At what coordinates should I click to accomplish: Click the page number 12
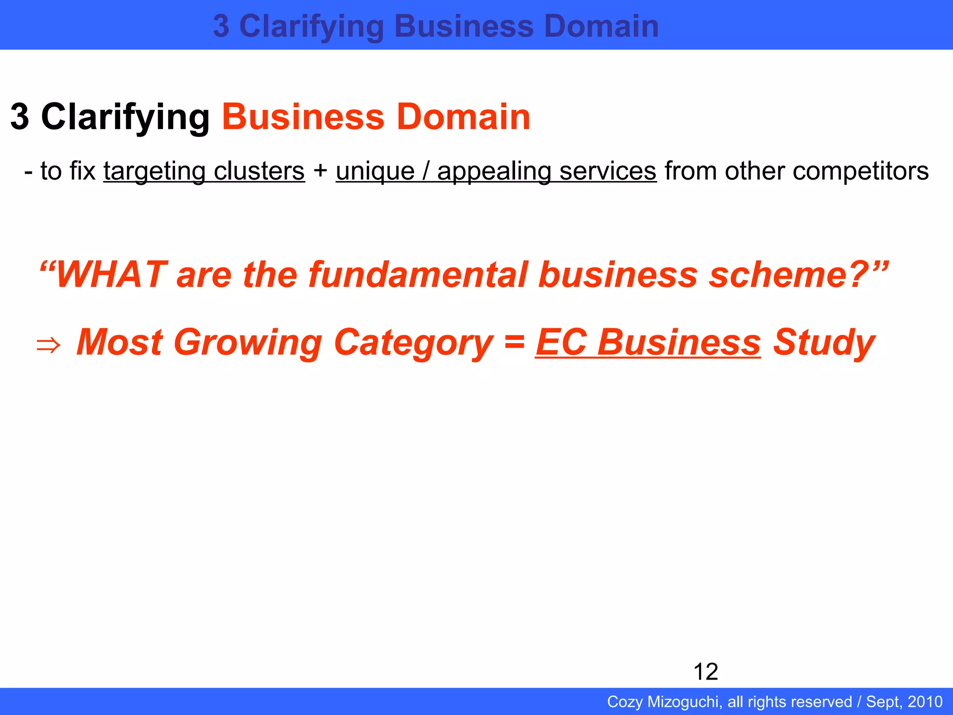pyautogui.click(x=705, y=672)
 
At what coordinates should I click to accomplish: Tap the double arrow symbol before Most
pyautogui.click(x=48, y=345)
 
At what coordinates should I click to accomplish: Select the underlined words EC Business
pyautogui.click(x=648, y=342)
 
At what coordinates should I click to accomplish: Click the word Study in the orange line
pyautogui.click(x=824, y=342)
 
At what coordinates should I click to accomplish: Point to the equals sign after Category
pyautogui.click(x=514, y=341)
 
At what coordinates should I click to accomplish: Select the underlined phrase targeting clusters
pyautogui.click(x=204, y=171)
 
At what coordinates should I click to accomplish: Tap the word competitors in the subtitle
pyautogui.click(x=860, y=171)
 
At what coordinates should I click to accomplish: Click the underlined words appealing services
pyautogui.click(x=546, y=171)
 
